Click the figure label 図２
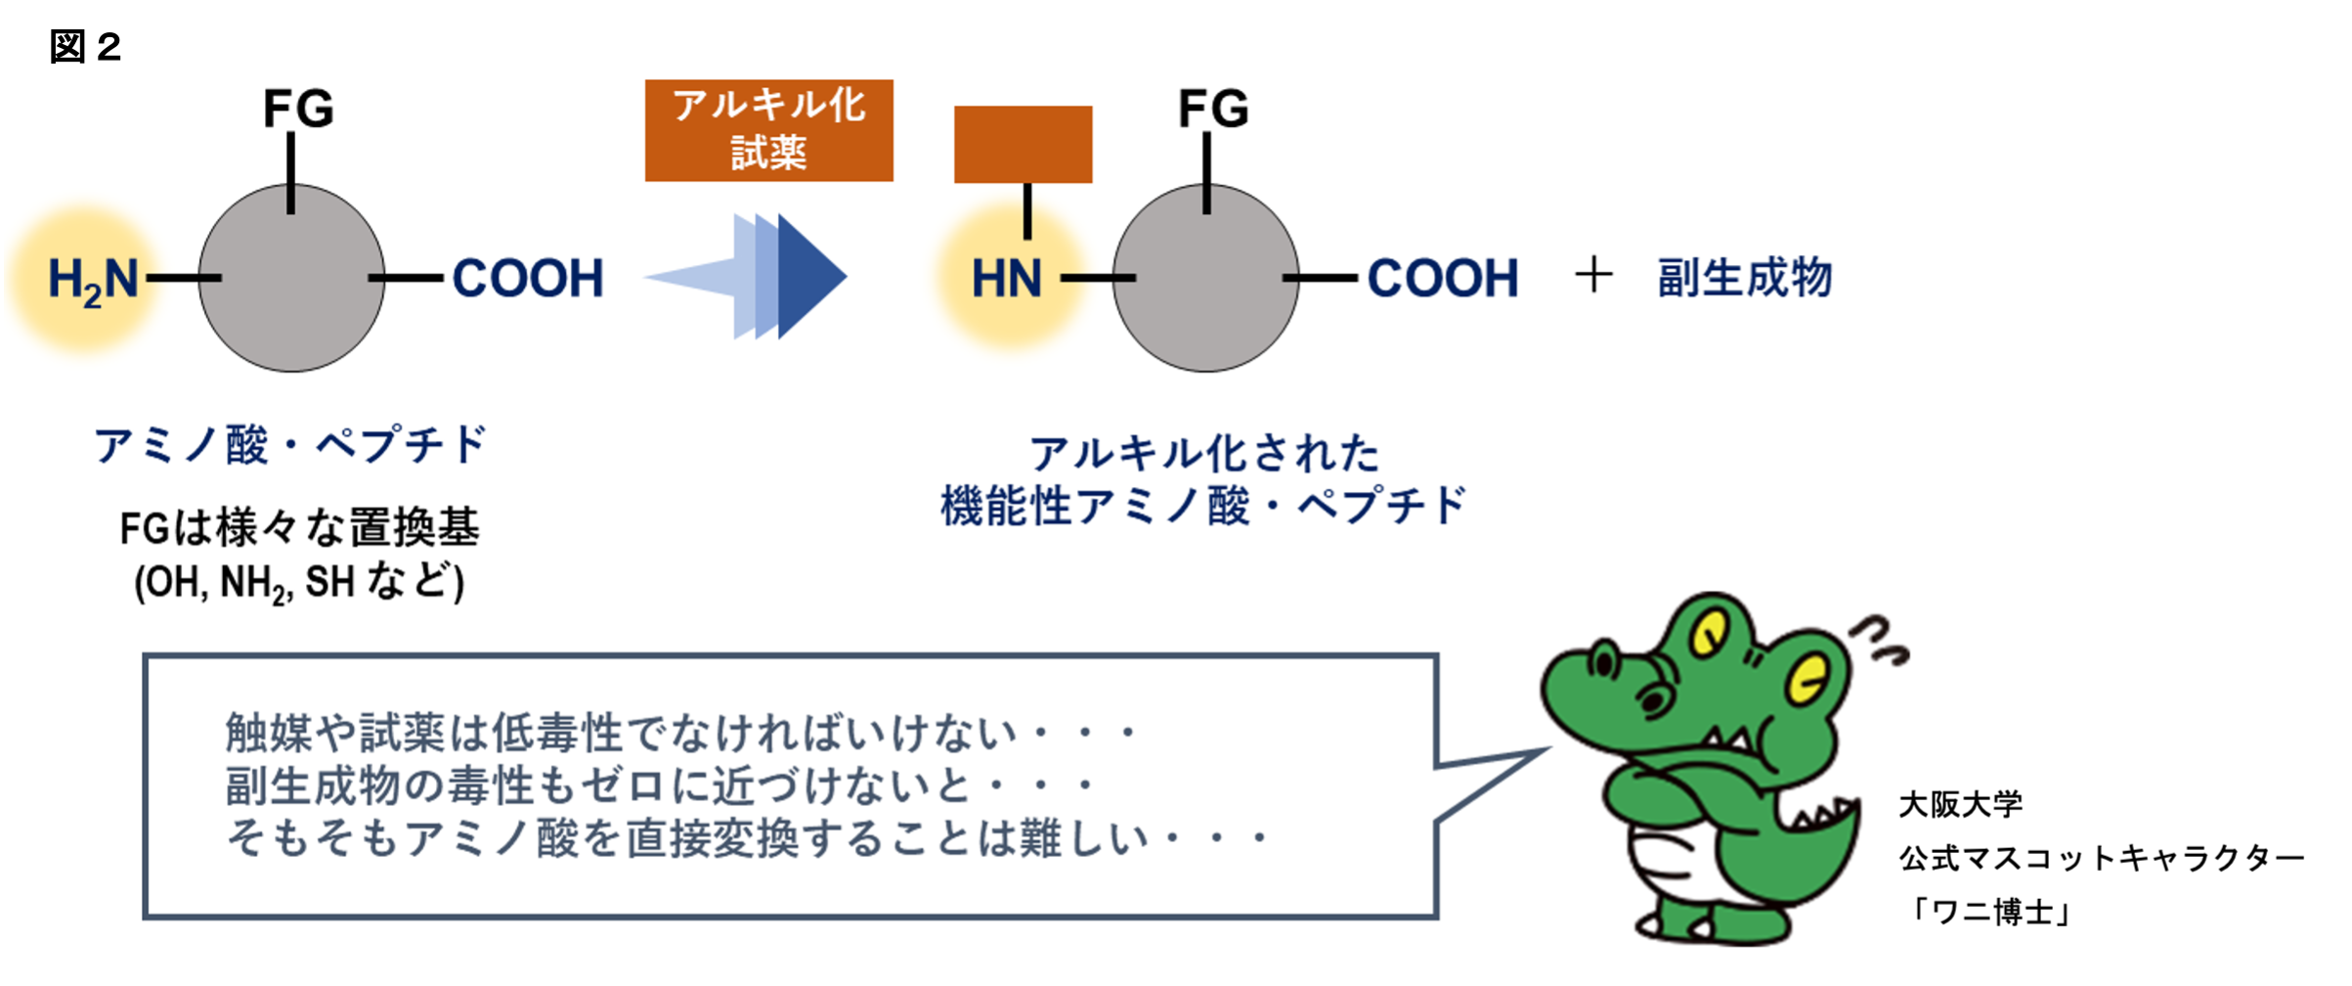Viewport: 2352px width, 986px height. tap(85, 47)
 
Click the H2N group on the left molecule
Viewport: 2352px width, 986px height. tap(94, 280)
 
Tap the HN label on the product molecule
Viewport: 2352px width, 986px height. tap(1007, 279)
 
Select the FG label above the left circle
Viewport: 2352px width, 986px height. tap(298, 108)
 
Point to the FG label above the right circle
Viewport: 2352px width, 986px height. tap(1213, 108)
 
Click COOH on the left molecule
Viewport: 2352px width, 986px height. tap(528, 279)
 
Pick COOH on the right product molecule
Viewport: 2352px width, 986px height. tap(1443, 279)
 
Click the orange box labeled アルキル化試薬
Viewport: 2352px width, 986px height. tap(769, 131)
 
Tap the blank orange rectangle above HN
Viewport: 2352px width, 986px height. tap(1024, 145)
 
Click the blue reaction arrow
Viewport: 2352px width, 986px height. tap(746, 277)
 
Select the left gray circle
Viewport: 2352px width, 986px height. tap(291, 278)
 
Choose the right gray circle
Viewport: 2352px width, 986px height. tap(1206, 278)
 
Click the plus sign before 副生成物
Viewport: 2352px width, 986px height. tap(1593, 275)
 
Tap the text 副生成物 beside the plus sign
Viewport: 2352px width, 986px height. tap(1745, 278)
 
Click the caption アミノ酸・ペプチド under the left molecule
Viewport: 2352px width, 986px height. tap(290, 446)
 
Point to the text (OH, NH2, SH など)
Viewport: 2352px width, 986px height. tap(299, 583)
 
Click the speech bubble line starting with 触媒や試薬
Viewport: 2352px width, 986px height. tap(681, 733)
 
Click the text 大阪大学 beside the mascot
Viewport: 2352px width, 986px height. tap(1961, 805)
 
